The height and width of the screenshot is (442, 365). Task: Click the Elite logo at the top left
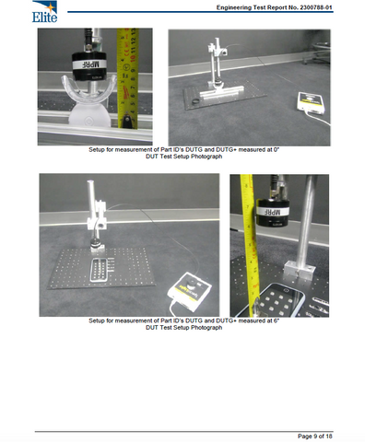click(x=44, y=12)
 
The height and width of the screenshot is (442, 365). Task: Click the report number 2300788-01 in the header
click(x=316, y=7)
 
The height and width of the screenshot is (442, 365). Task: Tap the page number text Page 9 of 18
click(x=315, y=436)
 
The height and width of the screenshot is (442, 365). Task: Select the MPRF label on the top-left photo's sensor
click(x=89, y=64)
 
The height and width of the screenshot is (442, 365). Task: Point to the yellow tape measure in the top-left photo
click(x=128, y=78)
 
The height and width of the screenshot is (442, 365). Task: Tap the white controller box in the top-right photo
click(x=311, y=102)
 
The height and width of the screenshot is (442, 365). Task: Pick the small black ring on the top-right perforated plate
click(x=194, y=101)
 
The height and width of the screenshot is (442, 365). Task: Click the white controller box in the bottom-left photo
click(x=189, y=289)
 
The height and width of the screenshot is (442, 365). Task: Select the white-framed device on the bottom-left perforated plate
click(x=99, y=270)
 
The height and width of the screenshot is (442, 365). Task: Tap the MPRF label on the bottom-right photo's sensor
click(x=273, y=212)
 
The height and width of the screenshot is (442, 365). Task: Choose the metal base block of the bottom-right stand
click(x=299, y=270)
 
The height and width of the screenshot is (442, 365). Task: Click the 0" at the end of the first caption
click(x=276, y=149)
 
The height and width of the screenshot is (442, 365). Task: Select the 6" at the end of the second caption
click(x=276, y=320)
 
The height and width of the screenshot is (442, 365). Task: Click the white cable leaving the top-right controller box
click(x=318, y=119)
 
